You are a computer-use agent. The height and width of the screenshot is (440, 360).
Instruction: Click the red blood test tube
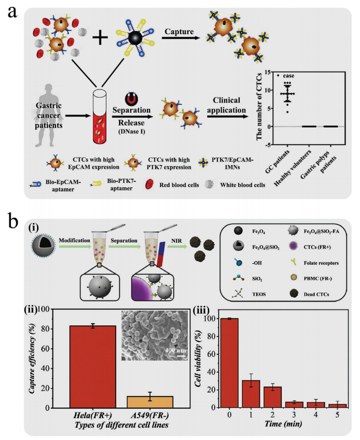99,119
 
